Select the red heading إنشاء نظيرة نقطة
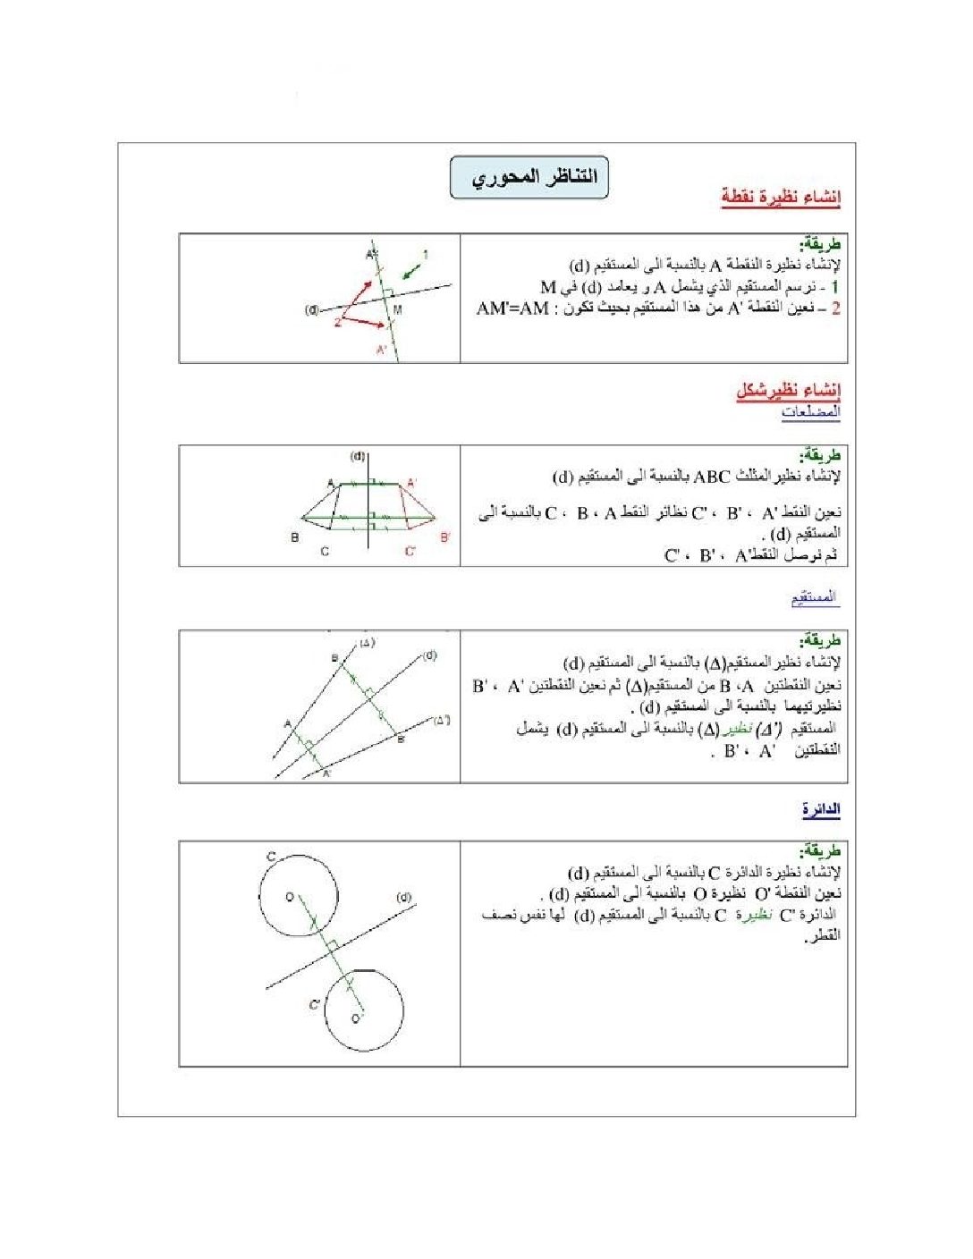pos(781,198)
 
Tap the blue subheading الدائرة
pos(820,810)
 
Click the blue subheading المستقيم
pos(815,597)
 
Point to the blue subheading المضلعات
pos(810,412)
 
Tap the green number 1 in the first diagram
pos(426,255)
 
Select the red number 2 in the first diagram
pos(338,322)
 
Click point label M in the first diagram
pos(397,309)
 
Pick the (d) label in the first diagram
pos(312,310)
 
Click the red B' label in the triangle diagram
pos(445,537)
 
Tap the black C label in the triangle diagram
pos(325,552)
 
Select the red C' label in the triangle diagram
pos(410,552)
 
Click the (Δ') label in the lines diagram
pos(442,719)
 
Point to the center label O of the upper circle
pos(289,896)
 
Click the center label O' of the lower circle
pos(357,1018)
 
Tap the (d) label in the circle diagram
pos(403,897)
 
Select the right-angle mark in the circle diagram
pos(330,945)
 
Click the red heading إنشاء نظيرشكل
pos(788,390)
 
